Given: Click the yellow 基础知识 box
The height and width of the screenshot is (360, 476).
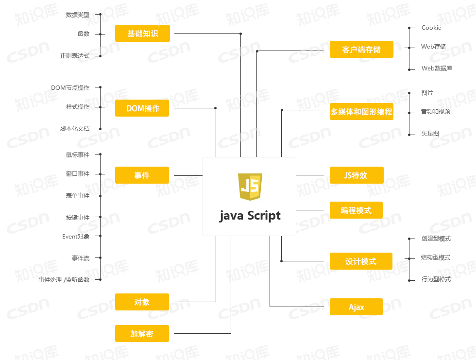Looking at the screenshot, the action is coord(142,34).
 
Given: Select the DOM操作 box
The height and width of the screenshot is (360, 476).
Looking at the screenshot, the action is coord(142,108).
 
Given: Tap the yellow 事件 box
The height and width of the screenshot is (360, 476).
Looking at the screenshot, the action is coord(142,175).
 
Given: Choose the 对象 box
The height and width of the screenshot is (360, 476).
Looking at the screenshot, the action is coord(142,302).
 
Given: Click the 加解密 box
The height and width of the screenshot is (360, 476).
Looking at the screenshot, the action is coord(142,334).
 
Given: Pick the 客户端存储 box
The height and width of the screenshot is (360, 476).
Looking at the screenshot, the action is coord(361,49).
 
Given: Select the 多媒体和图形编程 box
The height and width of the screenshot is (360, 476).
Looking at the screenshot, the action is coord(361,111).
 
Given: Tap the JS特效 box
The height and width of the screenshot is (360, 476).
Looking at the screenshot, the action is coord(357,175).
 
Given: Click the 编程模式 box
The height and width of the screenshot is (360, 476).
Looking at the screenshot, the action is coord(356,210).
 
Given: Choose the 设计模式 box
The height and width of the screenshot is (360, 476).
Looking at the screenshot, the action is coord(361,261).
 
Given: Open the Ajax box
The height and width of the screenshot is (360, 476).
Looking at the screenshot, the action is coord(356,307).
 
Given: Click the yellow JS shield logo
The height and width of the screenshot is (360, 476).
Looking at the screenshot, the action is coord(250,187).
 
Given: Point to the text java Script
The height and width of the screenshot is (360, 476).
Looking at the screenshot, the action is coord(250,216).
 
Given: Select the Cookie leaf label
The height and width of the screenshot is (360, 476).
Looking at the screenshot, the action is coord(431,28).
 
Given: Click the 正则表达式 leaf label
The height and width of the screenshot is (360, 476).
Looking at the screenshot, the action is coord(75,56).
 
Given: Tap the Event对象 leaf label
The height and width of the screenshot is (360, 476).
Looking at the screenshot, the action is coord(76,237).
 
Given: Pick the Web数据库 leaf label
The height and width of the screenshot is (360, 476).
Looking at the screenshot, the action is coord(437,69).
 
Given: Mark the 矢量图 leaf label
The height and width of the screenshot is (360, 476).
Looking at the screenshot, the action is coord(430,134).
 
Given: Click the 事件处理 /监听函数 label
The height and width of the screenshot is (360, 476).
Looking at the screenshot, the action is coord(64,279).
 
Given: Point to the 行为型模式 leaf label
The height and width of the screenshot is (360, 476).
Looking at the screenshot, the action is coord(436,279).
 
